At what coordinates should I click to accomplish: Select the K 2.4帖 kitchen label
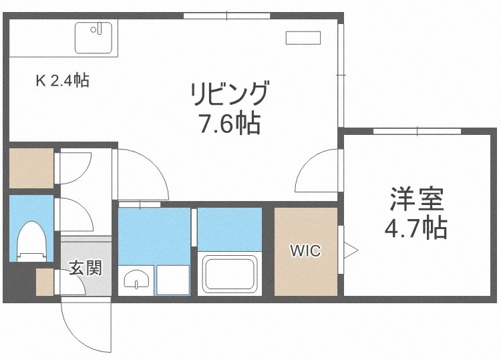[62, 81]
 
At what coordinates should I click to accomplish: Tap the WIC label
[305, 251]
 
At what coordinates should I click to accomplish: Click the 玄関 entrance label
[86, 269]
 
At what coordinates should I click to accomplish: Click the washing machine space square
[172, 279]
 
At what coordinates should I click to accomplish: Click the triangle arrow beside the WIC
[350, 252]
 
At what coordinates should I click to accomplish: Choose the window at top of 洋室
[415, 130]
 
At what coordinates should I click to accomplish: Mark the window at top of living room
[226, 15]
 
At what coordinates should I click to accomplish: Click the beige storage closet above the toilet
[31, 168]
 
